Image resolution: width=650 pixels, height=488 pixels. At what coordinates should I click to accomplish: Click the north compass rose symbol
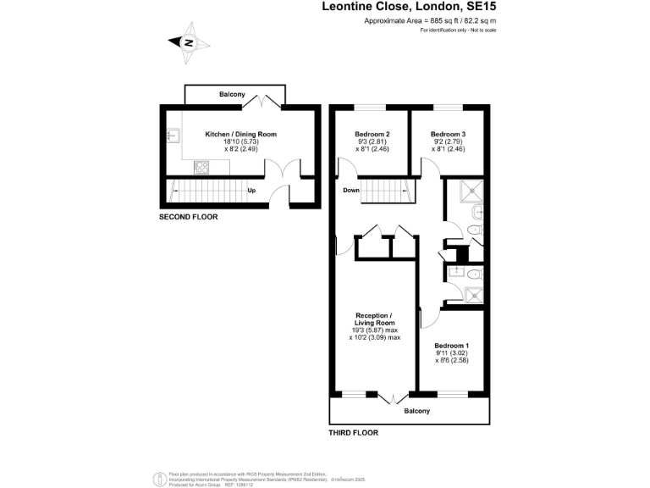pos(189,43)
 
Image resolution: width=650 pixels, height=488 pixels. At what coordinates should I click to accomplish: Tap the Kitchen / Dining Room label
pos(240,134)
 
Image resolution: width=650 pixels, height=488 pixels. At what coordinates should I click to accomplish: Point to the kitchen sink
pos(173,135)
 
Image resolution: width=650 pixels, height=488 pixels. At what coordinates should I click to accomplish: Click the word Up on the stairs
pos(251,191)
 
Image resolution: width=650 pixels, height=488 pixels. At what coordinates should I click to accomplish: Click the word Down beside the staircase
pos(352,190)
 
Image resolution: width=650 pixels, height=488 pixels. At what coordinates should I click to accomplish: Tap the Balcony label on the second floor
pos(234,94)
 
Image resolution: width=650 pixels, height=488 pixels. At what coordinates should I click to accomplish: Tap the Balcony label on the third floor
pos(416,411)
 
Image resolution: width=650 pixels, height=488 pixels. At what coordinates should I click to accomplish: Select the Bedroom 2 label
pos(372,134)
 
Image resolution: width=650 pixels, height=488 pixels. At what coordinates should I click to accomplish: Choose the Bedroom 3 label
pos(448,134)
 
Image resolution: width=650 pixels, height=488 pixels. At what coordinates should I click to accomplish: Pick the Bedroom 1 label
pos(451,346)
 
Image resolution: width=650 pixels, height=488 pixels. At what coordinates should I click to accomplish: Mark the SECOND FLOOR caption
pos(188,217)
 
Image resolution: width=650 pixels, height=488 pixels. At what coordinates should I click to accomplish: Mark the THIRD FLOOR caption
pos(353,432)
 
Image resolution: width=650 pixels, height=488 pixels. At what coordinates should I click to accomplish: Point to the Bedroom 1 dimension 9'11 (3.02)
pos(451,353)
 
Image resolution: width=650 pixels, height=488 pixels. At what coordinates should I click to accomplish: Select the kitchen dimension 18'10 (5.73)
pos(240,141)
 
